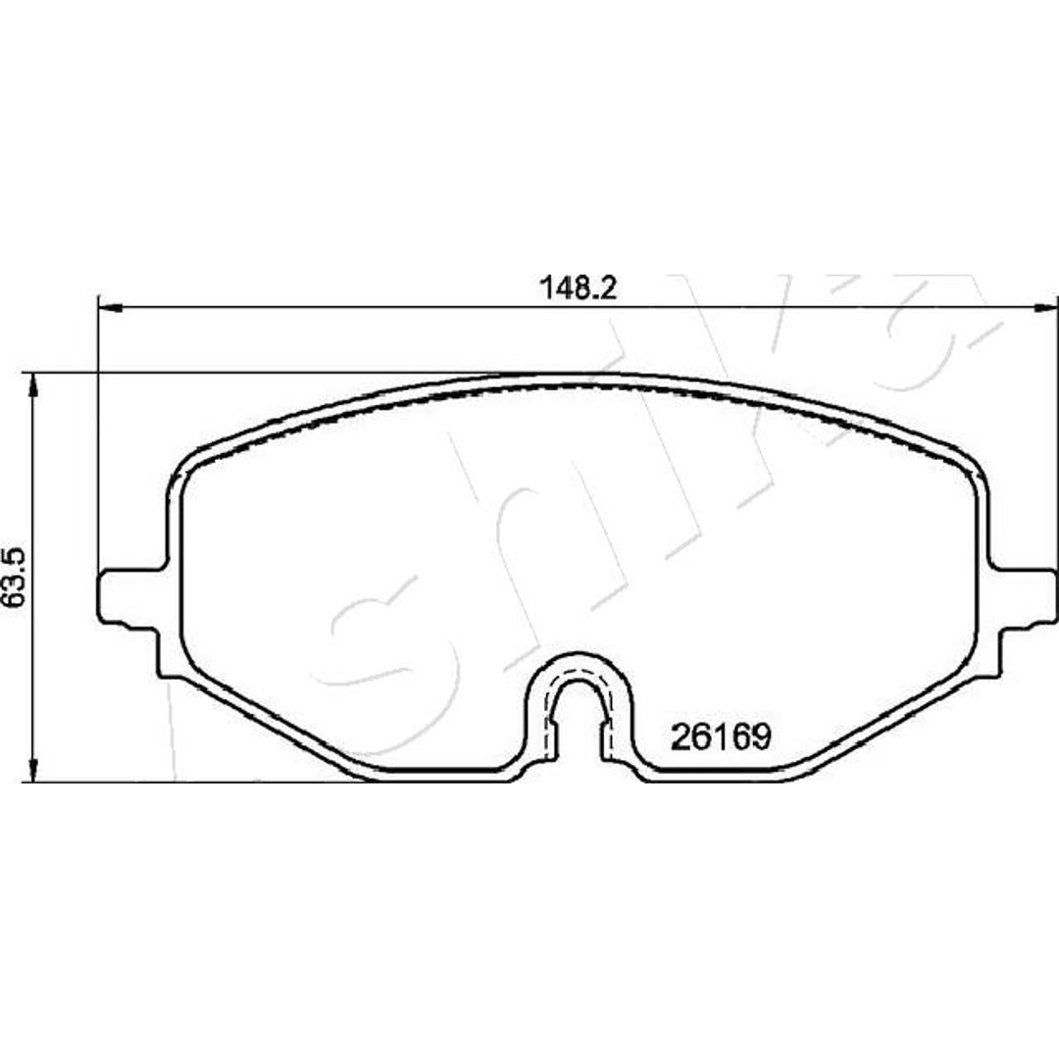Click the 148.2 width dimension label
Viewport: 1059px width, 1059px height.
tap(579, 289)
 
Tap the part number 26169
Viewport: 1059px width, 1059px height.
tap(721, 736)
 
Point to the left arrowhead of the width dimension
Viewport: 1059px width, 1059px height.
tap(110, 309)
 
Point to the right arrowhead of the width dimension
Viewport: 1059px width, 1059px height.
tap(1045, 309)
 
